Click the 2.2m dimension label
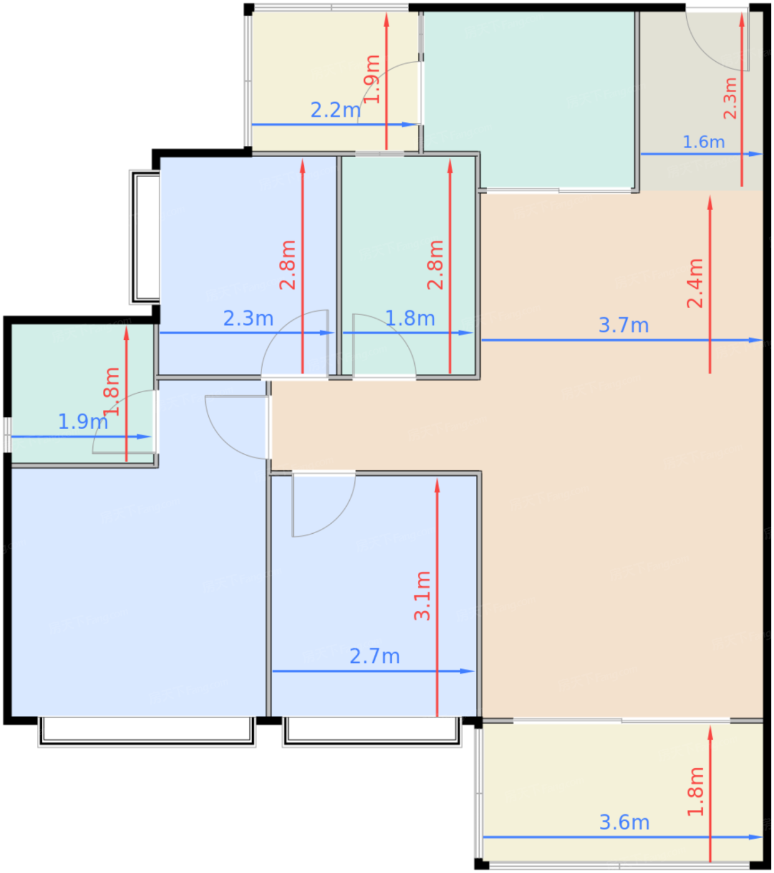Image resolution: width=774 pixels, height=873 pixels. [x=336, y=110]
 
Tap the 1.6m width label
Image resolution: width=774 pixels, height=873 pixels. [x=704, y=142]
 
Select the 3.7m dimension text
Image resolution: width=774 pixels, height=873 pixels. [x=623, y=326]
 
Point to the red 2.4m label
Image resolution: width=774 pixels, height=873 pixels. [x=695, y=283]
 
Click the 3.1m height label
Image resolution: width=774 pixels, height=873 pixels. [x=422, y=596]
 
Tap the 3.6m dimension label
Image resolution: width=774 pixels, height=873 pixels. [x=624, y=822]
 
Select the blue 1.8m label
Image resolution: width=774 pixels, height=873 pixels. [x=409, y=319]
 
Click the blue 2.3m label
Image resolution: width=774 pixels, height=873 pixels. [x=248, y=319]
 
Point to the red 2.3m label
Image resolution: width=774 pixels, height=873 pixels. [x=730, y=99]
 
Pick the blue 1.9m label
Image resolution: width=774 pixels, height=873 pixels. [x=83, y=422]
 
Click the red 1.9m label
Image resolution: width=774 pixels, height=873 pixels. [x=372, y=79]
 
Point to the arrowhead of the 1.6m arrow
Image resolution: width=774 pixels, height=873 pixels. [x=756, y=154]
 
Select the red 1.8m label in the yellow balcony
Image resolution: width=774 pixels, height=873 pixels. [x=695, y=791]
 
